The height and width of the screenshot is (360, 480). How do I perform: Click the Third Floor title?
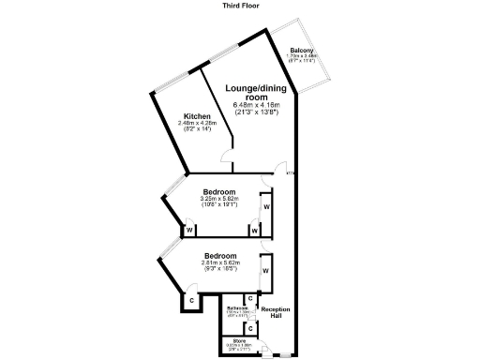click(x=241, y=5)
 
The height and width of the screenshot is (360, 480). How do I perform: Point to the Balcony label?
click(x=301, y=50)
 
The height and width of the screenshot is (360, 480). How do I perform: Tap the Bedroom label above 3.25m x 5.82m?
click(x=219, y=191)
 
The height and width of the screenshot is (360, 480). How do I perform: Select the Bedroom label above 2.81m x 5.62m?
click(x=219, y=255)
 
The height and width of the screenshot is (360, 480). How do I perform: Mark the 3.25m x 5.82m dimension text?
click(x=219, y=199)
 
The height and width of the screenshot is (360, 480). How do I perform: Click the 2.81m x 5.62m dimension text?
click(x=219, y=262)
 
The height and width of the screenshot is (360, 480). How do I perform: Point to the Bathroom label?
click(x=237, y=307)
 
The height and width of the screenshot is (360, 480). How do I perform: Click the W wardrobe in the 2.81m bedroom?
click(x=265, y=271)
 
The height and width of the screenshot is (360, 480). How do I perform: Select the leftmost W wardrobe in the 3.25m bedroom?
click(x=188, y=230)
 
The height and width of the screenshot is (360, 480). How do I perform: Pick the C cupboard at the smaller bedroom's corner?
click(x=190, y=301)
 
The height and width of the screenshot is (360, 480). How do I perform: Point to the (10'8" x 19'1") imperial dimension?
click(x=219, y=205)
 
